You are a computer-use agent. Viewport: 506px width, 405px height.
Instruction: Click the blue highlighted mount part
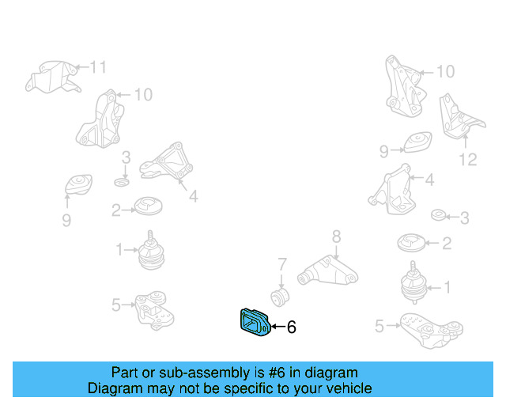254,324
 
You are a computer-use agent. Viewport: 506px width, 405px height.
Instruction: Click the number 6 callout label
291,326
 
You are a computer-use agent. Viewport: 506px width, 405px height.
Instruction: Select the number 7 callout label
281,263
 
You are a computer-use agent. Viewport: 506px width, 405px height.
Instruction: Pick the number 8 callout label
335,236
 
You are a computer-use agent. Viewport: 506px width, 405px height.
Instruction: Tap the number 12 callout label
467,160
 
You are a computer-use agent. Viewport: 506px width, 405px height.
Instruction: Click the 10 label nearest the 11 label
142,95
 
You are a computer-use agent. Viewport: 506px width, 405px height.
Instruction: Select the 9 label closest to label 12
384,150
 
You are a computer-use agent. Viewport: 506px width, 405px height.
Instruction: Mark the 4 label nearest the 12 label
429,181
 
